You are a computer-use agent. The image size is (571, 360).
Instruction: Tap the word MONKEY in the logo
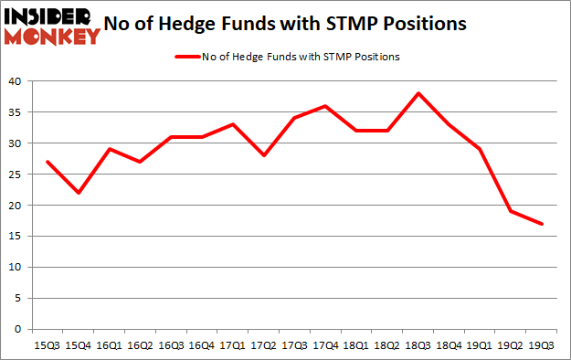click(52, 37)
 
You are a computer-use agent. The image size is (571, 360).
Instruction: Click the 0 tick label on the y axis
click(18, 329)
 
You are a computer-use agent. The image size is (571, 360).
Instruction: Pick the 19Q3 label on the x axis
click(543, 345)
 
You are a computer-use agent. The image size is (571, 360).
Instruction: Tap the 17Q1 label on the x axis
click(232, 345)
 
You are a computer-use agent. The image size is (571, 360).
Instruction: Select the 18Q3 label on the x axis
click(418, 345)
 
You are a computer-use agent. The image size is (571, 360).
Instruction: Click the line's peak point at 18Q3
click(418, 94)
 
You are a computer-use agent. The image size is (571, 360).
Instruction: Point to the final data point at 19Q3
click(543, 224)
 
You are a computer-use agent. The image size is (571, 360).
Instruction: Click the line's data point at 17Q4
click(325, 106)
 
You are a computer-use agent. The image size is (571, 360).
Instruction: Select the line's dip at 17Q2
click(263, 155)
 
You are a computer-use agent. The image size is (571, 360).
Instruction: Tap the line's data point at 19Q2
click(512, 211)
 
